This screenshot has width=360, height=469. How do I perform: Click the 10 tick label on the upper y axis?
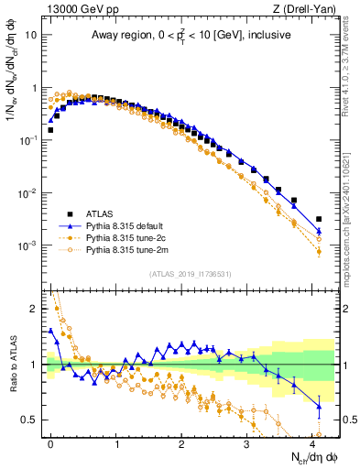pos(30,36)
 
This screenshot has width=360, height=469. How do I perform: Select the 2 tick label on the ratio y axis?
pos(34,309)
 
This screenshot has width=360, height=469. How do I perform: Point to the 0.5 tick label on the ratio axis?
pos(30,420)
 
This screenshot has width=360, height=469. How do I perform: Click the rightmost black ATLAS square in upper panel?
pos(319,219)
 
